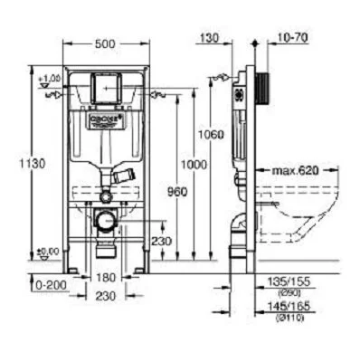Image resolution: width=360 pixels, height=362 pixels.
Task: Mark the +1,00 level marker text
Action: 49,79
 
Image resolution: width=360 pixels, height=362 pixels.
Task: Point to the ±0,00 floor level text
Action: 48,251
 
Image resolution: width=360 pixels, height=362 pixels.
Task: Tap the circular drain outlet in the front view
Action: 106,220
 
